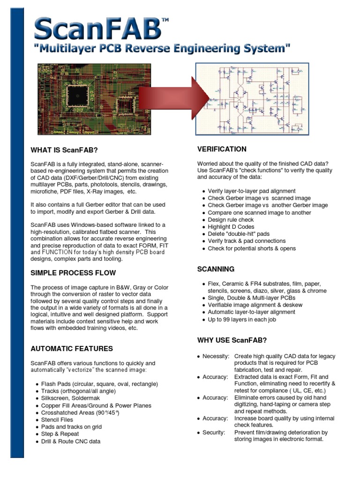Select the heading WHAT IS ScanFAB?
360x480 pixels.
point(64,150)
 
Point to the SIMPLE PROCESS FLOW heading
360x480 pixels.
point(73,273)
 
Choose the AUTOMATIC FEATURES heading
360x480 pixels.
point(72,349)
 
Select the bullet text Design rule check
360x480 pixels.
point(231,220)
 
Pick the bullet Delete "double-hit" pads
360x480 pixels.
point(239,234)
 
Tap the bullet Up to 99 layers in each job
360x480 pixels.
point(242,319)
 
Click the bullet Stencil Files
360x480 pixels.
point(57,420)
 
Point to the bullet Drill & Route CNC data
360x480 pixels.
point(70,441)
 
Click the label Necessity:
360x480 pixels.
point(215,357)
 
